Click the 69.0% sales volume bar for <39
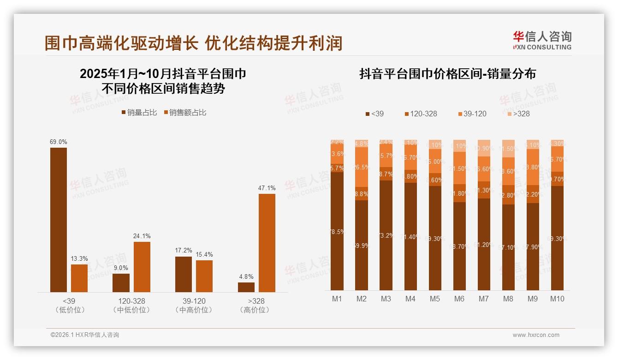click(x=58, y=220)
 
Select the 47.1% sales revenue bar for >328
click(x=267, y=243)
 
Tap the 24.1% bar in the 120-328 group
click(x=142, y=267)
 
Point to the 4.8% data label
click(x=246, y=277)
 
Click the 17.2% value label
click(x=183, y=251)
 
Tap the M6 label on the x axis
click(x=459, y=299)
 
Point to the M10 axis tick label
click(x=557, y=299)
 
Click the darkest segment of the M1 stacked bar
click(x=337, y=231)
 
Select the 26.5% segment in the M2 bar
click(x=362, y=167)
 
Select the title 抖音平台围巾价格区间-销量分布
click(x=447, y=74)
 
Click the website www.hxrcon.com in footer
click(x=535, y=335)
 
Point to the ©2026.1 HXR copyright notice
click(x=84, y=335)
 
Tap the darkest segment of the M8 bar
click(x=508, y=247)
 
